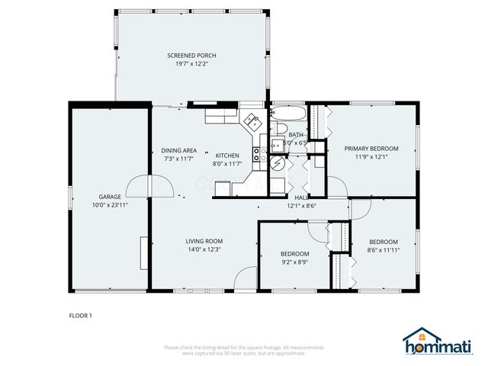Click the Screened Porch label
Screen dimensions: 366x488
191,56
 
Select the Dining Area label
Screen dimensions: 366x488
179,150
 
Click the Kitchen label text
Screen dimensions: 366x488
226,156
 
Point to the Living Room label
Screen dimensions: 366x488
204,241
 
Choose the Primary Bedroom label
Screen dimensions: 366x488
371,149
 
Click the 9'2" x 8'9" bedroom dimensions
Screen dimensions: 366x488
294,262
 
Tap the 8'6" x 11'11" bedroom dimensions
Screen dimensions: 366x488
384,249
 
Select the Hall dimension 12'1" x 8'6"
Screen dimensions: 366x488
302,205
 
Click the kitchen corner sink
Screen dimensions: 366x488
251,120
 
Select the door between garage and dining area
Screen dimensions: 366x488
139,185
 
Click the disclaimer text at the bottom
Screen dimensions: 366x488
243,350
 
